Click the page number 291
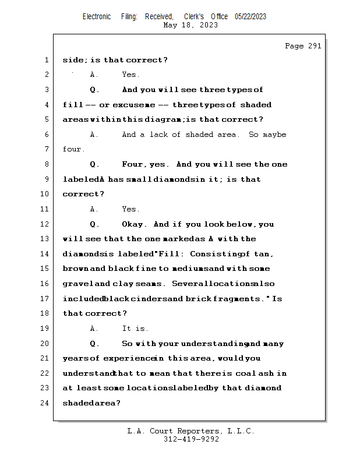coord(315,46)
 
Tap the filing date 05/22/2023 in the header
coord(250,16)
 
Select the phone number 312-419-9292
coord(191,439)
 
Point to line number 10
coord(44,194)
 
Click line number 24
coord(44,403)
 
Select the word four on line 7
coord(73,149)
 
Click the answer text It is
coord(135,329)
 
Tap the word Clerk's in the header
coord(194,16)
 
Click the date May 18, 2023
coord(190,25)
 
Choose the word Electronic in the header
coord(97,16)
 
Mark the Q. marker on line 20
coord(94,344)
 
